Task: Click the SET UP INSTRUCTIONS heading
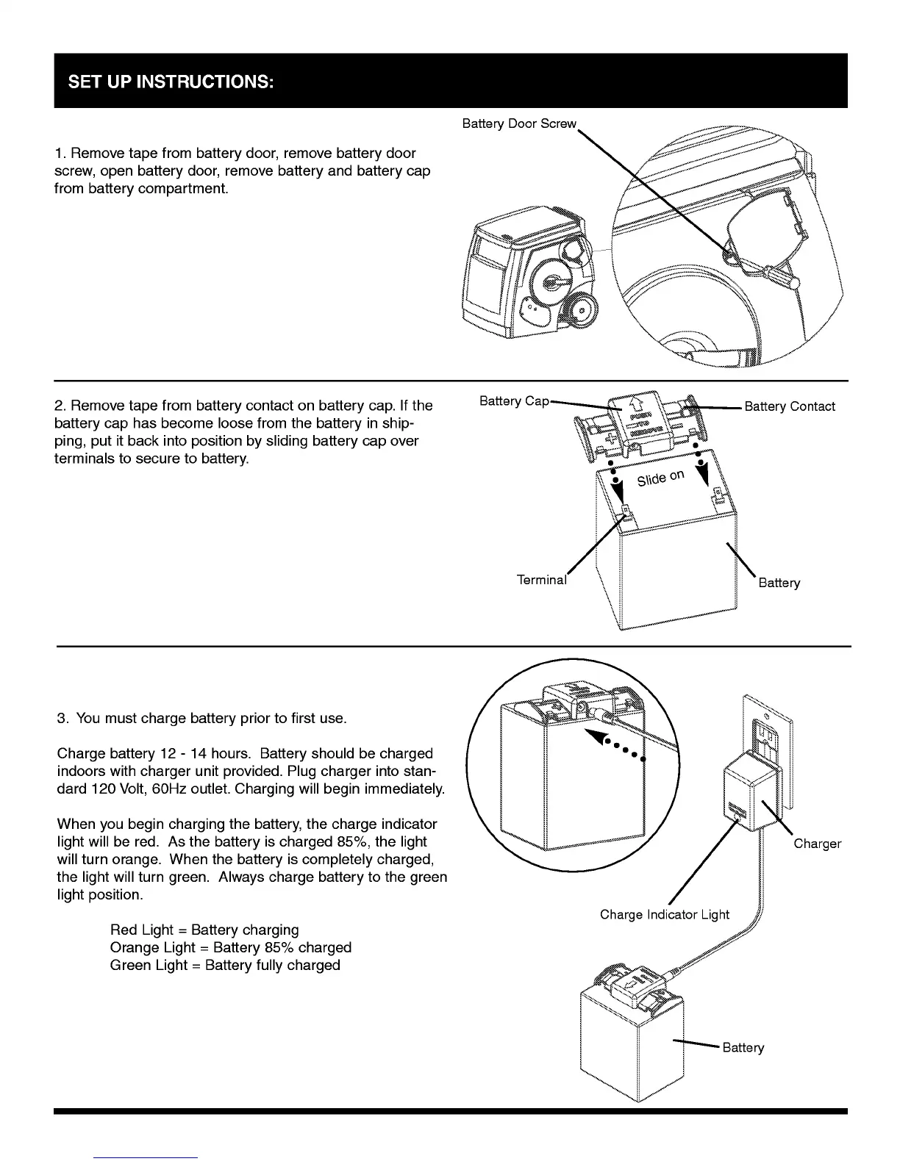point(171,81)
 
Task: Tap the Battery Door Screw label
point(519,123)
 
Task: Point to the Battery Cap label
point(514,400)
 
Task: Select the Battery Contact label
point(790,406)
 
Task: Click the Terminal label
point(542,580)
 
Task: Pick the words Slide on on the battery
point(660,478)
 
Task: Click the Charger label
point(817,844)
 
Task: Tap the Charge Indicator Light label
point(664,914)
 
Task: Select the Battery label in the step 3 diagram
point(743,1047)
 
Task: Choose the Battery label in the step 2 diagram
point(779,583)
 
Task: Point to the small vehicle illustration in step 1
point(526,276)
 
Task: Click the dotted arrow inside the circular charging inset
point(614,744)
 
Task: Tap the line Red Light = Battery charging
point(204,930)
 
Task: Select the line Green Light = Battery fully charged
point(225,965)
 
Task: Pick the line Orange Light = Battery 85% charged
point(231,947)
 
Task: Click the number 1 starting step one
point(59,154)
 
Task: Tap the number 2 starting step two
point(59,406)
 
